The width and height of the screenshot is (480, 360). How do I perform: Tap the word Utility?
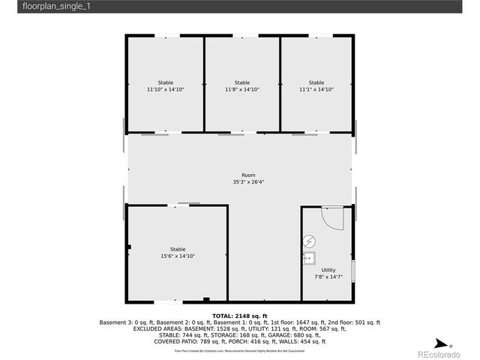pos(328,270)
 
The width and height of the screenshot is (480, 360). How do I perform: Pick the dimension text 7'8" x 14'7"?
pos(328,277)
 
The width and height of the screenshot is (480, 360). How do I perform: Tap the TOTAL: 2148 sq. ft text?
pos(240,316)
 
